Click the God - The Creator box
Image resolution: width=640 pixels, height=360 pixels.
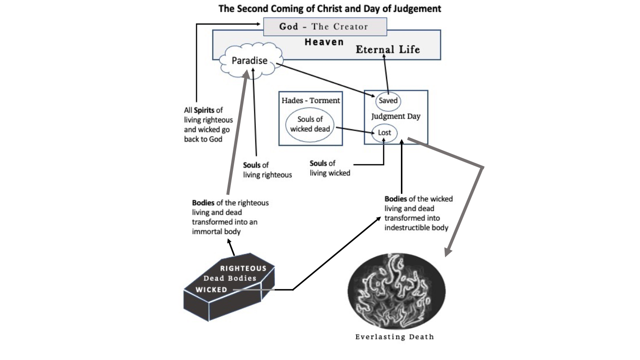point(325,26)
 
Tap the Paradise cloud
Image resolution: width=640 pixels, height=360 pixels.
point(250,61)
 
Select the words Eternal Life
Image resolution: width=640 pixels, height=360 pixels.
point(388,49)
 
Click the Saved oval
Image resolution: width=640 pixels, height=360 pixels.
point(388,101)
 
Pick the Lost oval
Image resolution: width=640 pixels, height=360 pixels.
point(385,132)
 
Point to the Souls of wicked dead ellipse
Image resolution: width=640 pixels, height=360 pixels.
point(309,124)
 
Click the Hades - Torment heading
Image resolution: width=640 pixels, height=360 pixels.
point(311,100)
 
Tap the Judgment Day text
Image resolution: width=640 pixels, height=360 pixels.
point(396,116)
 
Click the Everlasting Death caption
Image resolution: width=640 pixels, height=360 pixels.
point(395,336)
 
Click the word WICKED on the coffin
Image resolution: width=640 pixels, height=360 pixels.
point(211,290)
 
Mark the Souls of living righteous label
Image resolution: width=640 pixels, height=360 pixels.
point(267,170)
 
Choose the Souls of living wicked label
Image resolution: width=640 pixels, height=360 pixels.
point(330,168)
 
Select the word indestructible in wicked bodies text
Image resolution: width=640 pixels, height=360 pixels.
point(406,227)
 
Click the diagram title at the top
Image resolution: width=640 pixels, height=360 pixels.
point(330,9)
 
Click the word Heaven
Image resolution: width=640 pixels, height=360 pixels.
point(324,42)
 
